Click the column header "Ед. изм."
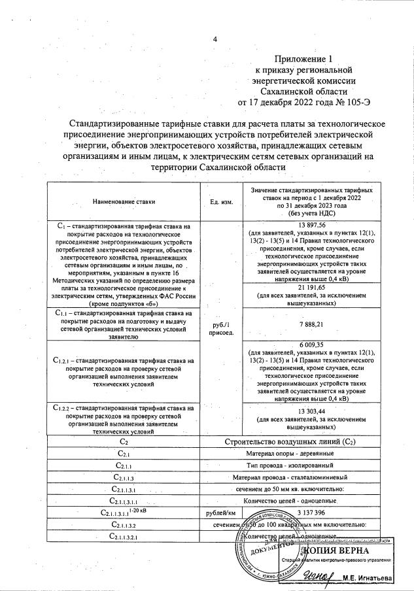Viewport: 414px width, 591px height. pos(222,202)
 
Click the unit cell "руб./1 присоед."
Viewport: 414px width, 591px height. pos(222,327)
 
